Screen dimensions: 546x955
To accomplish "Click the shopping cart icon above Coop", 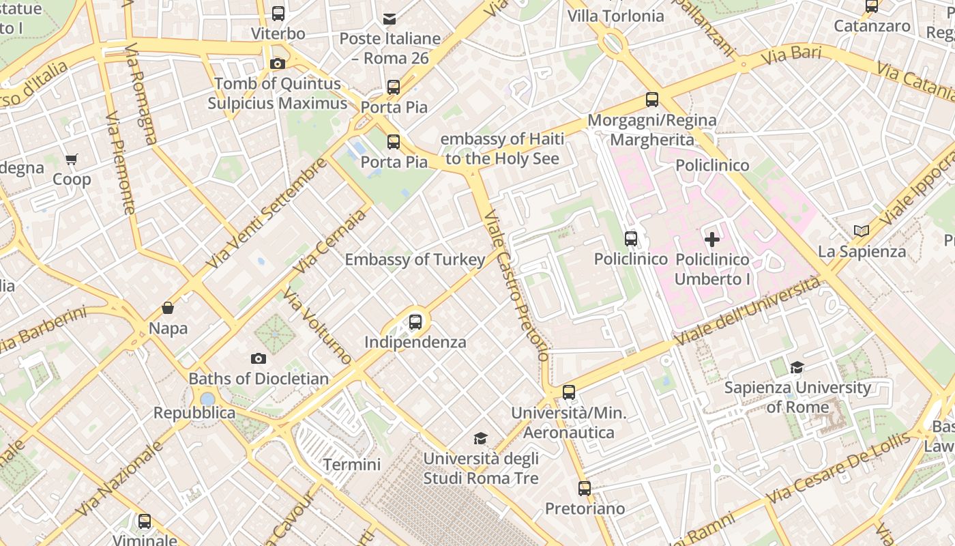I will click(x=72, y=160).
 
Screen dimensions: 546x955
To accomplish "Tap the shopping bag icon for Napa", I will click(x=168, y=308).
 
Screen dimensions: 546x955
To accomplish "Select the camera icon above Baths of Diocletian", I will click(x=259, y=358).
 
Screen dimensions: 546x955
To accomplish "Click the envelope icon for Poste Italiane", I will click(x=390, y=18).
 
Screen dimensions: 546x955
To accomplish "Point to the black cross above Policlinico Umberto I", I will click(x=711, y=240).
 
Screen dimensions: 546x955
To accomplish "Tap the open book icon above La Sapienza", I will click(x=862, y=231).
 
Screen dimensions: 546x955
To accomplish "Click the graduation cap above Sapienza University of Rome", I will click(x=797, y=368).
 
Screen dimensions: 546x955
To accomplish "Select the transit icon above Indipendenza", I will click(x=415, y=321).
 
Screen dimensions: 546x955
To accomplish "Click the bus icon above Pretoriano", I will click(x=585, y=489).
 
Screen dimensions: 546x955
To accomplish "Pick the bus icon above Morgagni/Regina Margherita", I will click(x=652, y=100).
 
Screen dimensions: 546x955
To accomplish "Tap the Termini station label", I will click(x=352, y=465).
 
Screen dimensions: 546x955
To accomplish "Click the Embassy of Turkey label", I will click(x=415, y=259).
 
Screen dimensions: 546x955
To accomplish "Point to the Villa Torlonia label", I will click(x=615, y=16).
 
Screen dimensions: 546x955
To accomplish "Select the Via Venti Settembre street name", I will click(x=267, y=214).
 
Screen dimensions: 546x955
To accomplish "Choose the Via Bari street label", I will click(x=791, y=55).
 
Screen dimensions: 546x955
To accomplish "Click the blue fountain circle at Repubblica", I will click(x=207, y=399).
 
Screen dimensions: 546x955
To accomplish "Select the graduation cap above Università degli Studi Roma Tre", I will click(x=481, y=437).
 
